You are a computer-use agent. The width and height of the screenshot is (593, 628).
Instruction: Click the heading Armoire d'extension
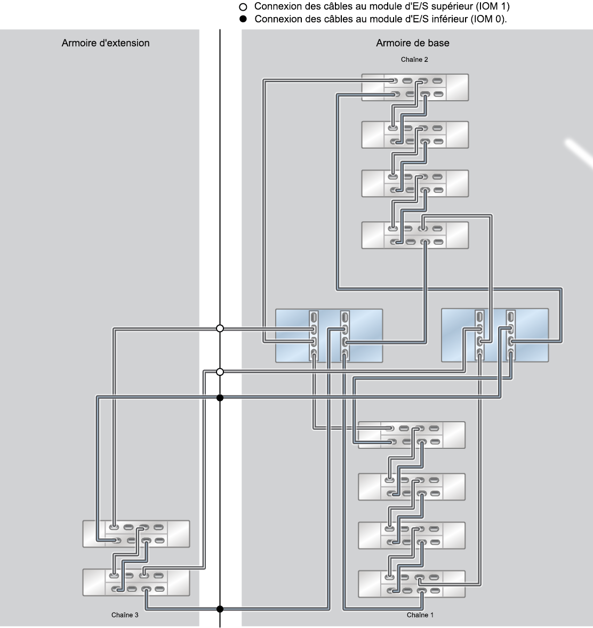click(106, 43)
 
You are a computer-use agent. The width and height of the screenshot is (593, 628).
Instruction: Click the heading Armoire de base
click(413, 43)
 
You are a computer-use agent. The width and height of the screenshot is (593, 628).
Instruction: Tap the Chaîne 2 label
click(414, 60)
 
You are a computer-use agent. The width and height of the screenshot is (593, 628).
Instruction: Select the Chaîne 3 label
click(125, 615)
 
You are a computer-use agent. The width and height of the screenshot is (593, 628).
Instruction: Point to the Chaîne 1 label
click(420, 615)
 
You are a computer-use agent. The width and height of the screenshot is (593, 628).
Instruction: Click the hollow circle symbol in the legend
click(243, 7)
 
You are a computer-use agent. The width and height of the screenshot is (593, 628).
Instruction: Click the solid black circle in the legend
click(243, 19)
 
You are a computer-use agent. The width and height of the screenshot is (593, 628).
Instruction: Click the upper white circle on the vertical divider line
click(220, 328)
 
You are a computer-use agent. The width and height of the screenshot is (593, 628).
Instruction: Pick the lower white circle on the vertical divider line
click(220, 372)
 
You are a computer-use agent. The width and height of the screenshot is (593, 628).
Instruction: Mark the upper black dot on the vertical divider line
click(220, 398)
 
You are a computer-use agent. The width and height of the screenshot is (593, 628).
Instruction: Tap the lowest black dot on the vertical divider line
click(220, 609)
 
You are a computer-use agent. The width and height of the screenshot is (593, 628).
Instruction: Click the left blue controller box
click(329, 336)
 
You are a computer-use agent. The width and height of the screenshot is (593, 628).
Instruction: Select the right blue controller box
click(495, 336)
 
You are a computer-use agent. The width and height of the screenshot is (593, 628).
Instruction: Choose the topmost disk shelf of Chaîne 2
click(415, 87)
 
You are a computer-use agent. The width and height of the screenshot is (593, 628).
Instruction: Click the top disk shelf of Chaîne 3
click(136, 534)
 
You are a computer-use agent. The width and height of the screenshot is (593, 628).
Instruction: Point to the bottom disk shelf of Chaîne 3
click(136, 582)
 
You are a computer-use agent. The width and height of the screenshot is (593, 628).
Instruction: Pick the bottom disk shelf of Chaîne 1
click(412, 584)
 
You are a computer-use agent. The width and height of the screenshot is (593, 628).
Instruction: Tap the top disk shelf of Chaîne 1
click(412, 435)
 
